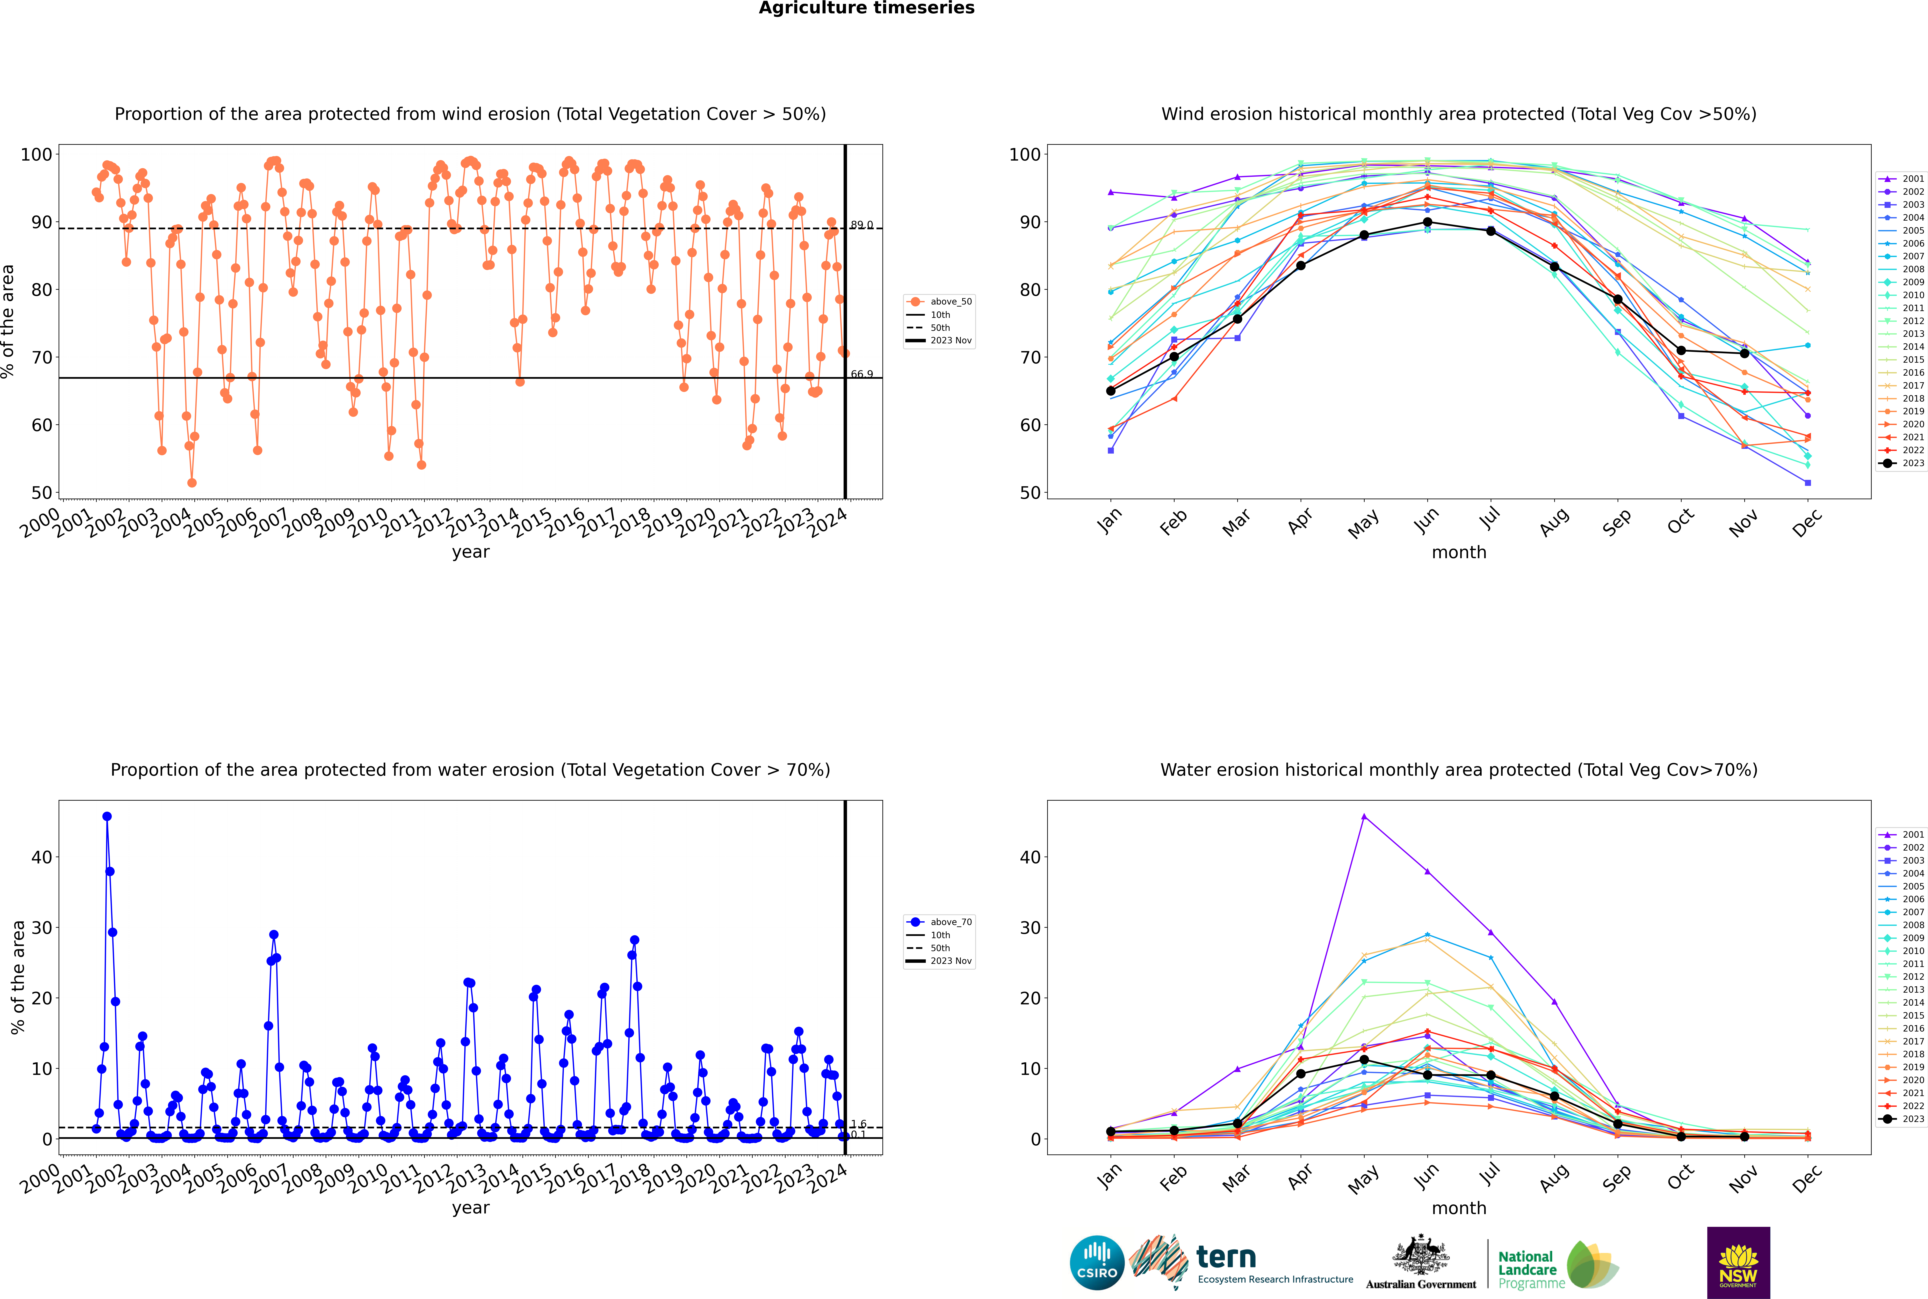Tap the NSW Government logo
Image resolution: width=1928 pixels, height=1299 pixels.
[x=1738, y=1262]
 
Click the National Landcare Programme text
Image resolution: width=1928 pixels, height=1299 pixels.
[x=1527, y=1269]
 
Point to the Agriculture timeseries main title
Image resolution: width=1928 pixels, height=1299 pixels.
[x=866, y=8]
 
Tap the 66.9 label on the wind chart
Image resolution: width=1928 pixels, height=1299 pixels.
[x=862, y=374]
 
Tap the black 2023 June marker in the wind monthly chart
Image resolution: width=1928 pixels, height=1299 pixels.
[x=1427, y=222]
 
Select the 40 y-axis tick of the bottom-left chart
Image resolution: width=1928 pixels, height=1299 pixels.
[x=41, y=857]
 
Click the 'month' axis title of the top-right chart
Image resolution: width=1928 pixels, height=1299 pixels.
[x=1459, y=553]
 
